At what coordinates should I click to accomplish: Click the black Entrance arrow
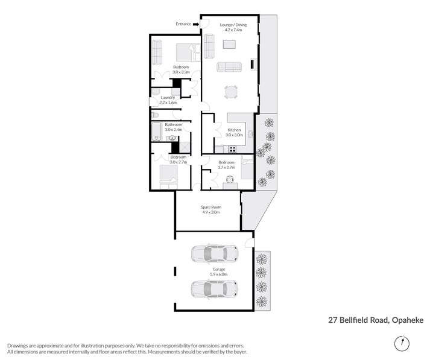(195, 24)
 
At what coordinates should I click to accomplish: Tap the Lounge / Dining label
(233, 24)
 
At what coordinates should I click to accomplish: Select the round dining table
(232, 92)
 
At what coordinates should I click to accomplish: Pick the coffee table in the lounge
(229, 44)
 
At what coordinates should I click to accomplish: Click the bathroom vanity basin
(171, 138)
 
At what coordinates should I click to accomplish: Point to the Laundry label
(168, 98)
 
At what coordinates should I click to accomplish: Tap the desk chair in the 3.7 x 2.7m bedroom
(229, 179)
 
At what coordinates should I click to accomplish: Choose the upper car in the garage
(213, 253)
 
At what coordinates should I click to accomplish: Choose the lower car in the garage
(213, 289)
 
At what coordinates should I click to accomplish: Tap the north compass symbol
(399, 343)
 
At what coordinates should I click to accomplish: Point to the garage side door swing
(250, 243)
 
